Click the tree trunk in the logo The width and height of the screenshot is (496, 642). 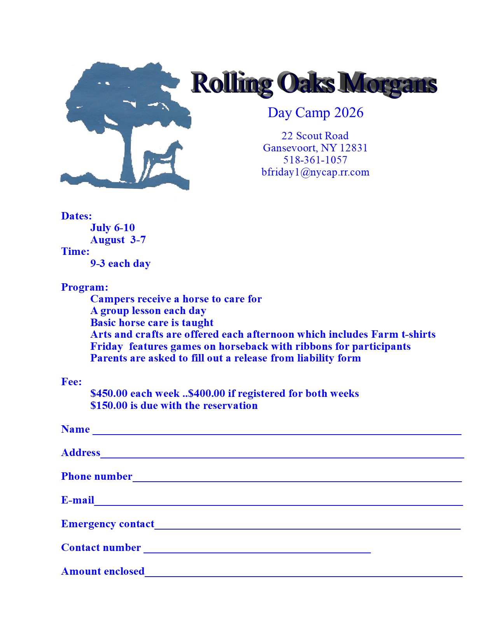point(129,156)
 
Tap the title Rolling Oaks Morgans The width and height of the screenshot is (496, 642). point(314,83)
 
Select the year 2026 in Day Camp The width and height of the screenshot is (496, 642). point(349,113)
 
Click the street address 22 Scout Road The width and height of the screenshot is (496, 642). point(315,136)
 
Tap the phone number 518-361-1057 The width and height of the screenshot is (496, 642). point(315,160)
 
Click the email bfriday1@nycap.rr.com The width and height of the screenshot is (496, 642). point(315,172)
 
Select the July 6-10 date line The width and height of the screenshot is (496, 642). point(112,228)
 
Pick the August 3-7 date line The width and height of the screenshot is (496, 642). point(118,240)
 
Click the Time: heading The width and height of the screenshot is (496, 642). point(75,251)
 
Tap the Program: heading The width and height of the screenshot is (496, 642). point(85,287)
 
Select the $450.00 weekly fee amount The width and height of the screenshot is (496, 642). point(109,393)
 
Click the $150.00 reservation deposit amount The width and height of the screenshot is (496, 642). point(109,405)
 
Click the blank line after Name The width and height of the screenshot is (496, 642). point(277,432)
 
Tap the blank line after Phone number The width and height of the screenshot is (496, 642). point(297,479)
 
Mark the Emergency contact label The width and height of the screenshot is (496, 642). point(108,524)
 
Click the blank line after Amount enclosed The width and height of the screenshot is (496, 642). point(303,574)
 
